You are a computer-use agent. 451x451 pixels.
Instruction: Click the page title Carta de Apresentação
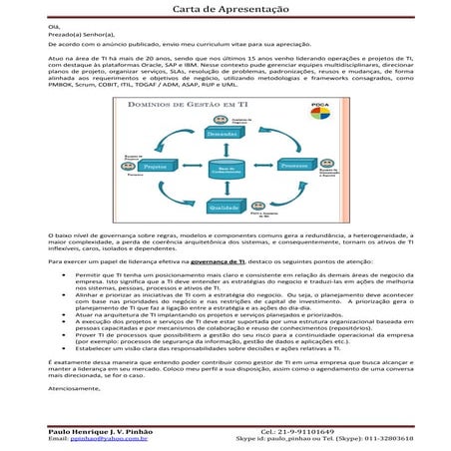point(225,9)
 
